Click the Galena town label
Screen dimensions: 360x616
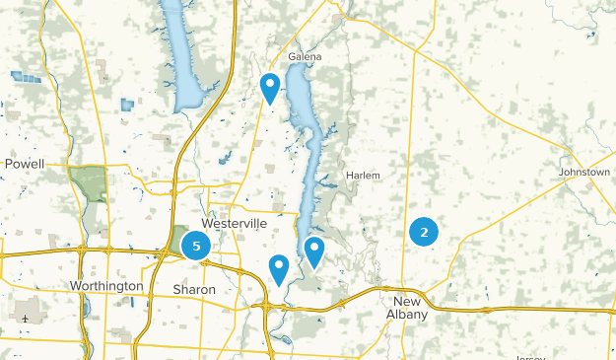[x=306, y=56]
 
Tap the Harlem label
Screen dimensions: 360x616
[x=363, y=176]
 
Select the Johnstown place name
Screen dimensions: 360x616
[x=584, y=172]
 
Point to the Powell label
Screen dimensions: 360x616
[x=25, y=163]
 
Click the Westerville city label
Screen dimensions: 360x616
[x=234, y=224]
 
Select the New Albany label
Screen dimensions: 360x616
[x=408, y=307]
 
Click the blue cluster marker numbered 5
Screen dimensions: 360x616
[x=196, y=246]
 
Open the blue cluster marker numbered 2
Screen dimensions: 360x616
[x=424, y=233]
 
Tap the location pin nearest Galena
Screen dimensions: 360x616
[x=270, y=87]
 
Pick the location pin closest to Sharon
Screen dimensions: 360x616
[x=279, y=267]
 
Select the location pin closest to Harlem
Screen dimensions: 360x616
[x=314, y=251]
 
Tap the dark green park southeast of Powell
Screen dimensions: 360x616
[x=88, y=183]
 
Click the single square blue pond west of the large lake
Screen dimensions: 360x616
[x=127, y=104]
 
